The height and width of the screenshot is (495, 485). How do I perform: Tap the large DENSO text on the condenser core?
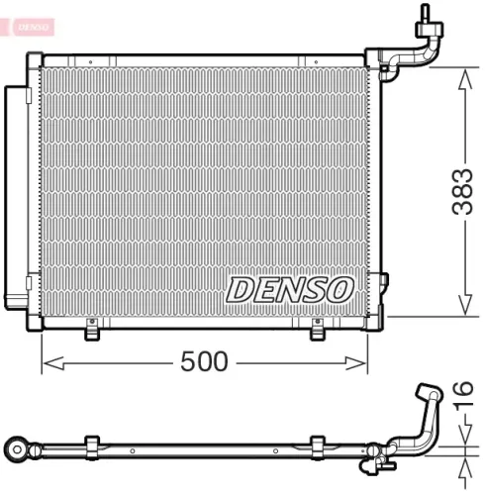289,289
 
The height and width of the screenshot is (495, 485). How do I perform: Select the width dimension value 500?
205,362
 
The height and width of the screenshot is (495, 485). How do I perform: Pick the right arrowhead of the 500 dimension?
365,362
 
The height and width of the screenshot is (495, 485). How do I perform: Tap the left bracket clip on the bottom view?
92,447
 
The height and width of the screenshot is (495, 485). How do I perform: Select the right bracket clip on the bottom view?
318,447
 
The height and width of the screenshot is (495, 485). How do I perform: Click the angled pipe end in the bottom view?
428,394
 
